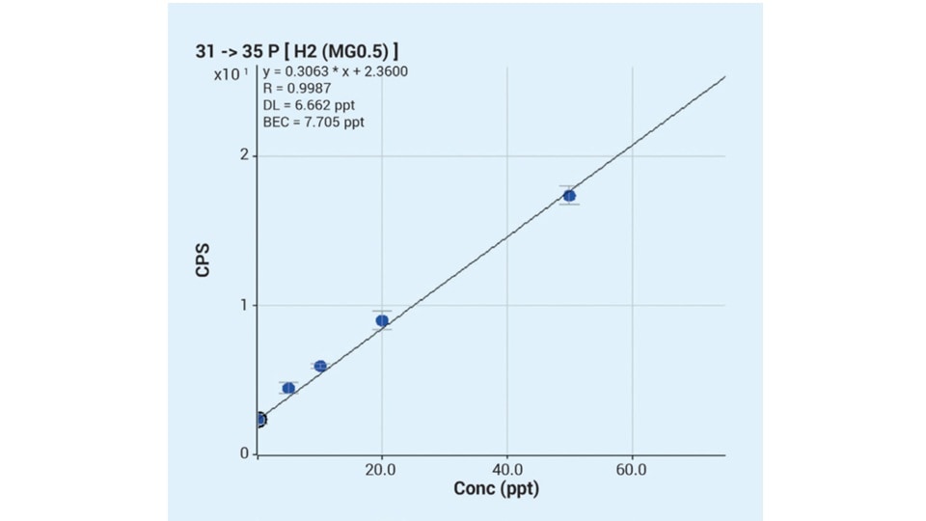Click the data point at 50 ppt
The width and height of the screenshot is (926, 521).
coord(569,196)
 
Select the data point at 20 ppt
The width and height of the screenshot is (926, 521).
coord(382,320)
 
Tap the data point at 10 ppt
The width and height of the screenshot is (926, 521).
coord(320,366)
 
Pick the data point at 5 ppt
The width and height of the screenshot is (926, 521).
coord(288,388)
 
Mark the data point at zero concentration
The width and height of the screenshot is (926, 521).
coord(259,419)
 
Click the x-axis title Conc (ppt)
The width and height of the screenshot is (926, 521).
coord(496,489)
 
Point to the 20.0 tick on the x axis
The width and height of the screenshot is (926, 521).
coord(382,469)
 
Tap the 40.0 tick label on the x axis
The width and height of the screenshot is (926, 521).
coord(507,469)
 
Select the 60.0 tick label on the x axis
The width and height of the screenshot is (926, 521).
coord(632,469)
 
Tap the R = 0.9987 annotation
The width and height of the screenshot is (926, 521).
coord(297,89)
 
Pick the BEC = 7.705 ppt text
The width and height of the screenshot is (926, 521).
coord(313,123)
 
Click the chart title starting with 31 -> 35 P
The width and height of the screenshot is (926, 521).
coord(298,50)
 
